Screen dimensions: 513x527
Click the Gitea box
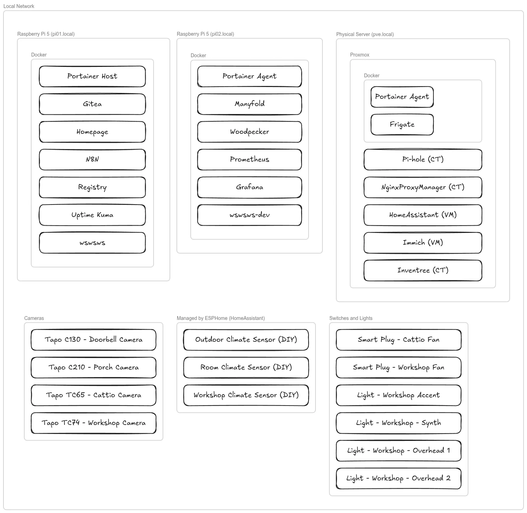pyautogui.click(x=92, y=104)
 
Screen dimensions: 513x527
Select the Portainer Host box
pyautogui.click(x=92, y=76)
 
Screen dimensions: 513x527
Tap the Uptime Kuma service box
pyautogui.click(x=92, y=215)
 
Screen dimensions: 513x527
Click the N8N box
pyautogui.click(x=92, y=159)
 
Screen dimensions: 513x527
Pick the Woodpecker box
pyautogui.click(x=249, y=132)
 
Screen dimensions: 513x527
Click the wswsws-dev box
pyautogui.click(x=249, y=215)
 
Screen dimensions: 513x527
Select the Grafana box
pyautogui.click(x=249, y=187)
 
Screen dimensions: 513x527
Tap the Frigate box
pyautogui.click(x=402, y=124)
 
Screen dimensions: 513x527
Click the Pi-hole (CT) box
pyautogui.click(x=423, y=159)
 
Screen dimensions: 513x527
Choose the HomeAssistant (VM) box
pyautogui.click(x=423, y=215)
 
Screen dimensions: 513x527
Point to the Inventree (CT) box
pyautogui.click(x=423, y=270)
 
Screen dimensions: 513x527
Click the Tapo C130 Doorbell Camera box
pyautogui.click(x=93, y=340)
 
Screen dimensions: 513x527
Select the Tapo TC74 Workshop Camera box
pyautogui.click(x=93, y=423)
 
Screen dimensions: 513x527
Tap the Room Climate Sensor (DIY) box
pyautogui.click(x=246, y=367)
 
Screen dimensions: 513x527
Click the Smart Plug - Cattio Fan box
pyautogui.click(x=398, y=340)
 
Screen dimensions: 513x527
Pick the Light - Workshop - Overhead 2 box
pyautogui.click(x=398, y=478)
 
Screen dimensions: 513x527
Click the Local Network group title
pyautogui.click(x=19, y=6)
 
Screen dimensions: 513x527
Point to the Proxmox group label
pyautogui.click(x=360, y=55)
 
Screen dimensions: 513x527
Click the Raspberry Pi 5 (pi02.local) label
pyautogui.click(x=205, y=34)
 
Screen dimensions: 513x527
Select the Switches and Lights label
pyautogui.click(x=351, y=318)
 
